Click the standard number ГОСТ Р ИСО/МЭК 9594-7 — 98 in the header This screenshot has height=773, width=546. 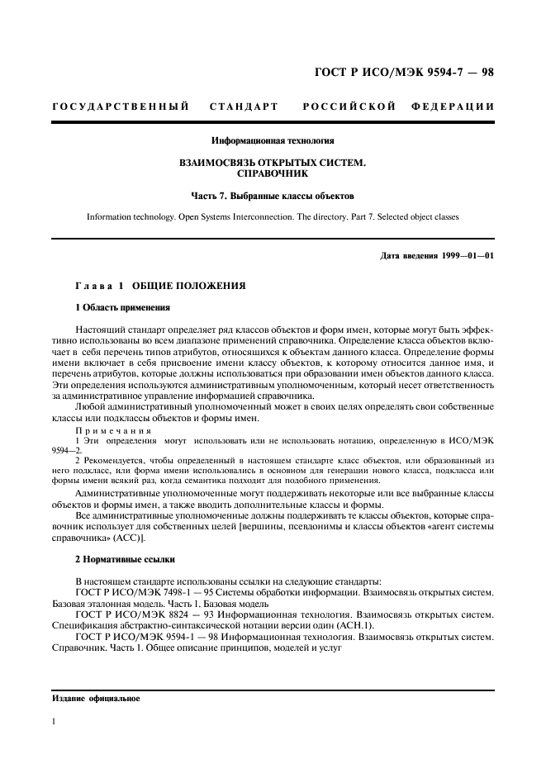(404, 72)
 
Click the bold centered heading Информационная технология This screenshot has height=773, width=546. (273, 141)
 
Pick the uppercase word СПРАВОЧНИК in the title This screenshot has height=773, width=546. (273, 175)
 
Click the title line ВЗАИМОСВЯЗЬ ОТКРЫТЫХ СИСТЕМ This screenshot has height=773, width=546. (273, 164)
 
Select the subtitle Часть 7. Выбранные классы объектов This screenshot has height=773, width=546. (273, 197)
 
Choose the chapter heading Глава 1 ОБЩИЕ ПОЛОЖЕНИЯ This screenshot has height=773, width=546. (160, 285)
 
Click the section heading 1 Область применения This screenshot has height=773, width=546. (122, 308)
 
